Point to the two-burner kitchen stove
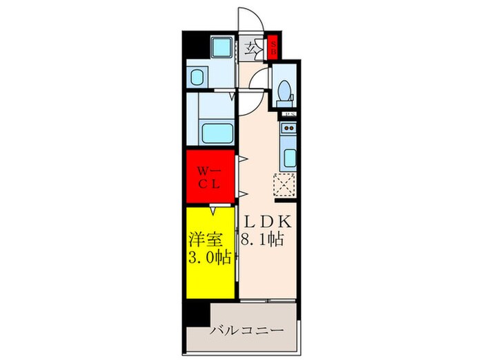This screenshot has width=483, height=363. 288,128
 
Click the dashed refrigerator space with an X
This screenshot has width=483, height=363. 285,185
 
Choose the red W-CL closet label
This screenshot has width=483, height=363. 210,178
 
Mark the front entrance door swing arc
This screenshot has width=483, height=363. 249,19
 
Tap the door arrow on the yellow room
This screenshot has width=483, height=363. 215,209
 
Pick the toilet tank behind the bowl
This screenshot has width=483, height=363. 283,104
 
